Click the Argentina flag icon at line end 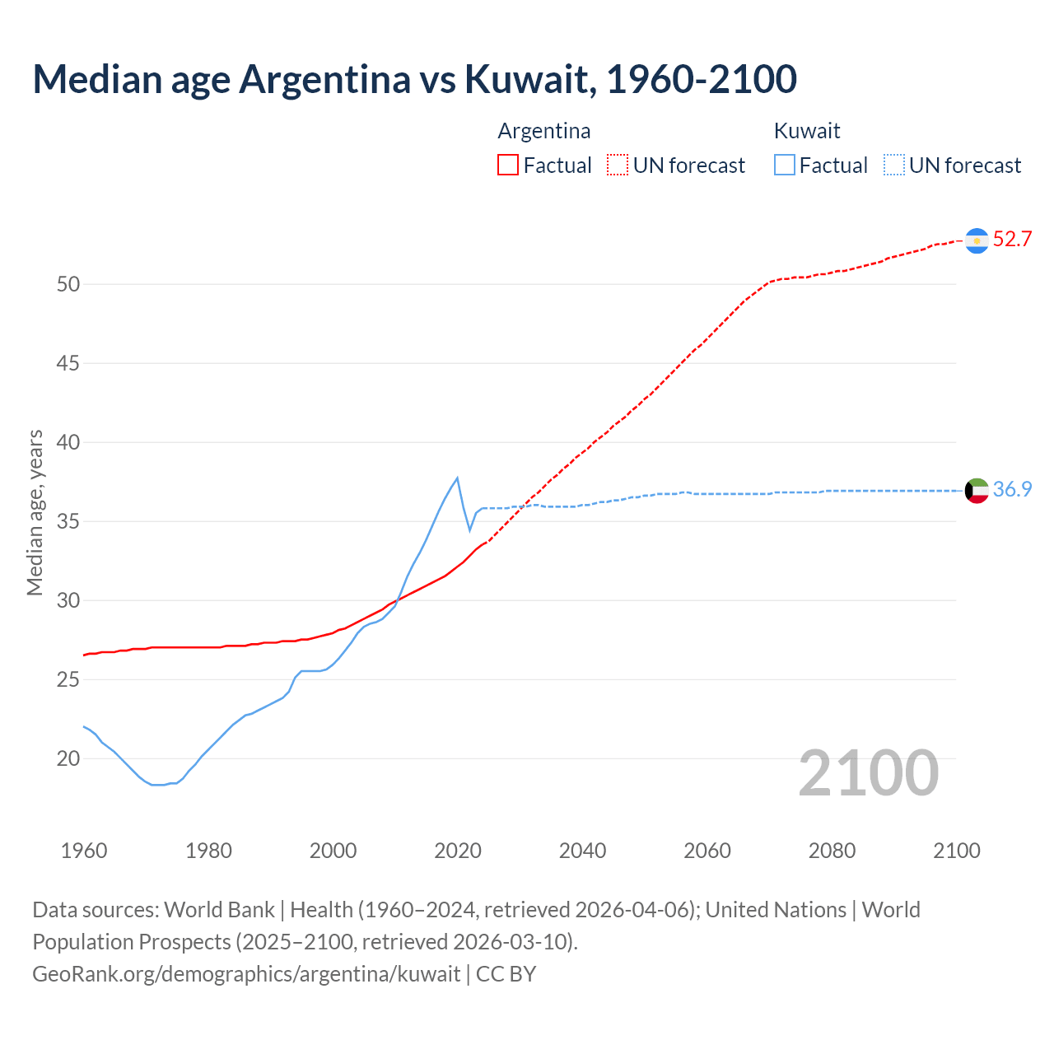[977, 240]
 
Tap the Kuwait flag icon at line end [977, 491]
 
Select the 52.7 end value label [1012, 240]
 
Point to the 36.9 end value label [1012, 490]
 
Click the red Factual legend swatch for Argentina [508, 166]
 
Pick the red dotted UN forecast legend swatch [618, 166]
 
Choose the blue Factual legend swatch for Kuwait [785, 166]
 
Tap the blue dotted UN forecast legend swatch [894, 166]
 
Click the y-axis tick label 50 [68, 285]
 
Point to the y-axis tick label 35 [68, 522]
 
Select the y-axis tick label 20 [68, 759]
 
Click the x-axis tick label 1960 [84, 851]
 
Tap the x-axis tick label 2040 [582, 851]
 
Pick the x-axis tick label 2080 [832, 851]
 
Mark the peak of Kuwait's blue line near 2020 [457, 478]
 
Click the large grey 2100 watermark [869, 773]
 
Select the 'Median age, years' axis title [35, 512]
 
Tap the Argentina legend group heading [544, 132]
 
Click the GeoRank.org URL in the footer [246, 974]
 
